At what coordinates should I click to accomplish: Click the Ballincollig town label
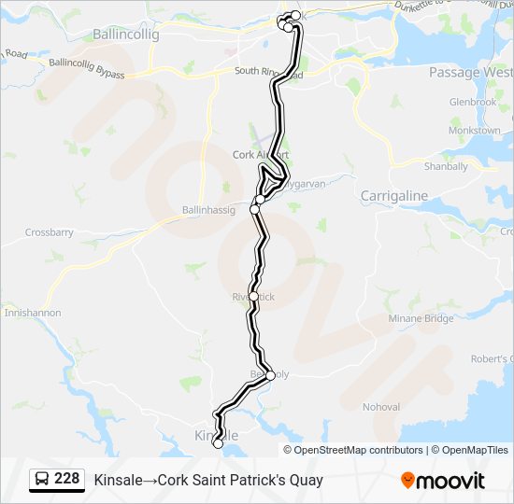[126, 35]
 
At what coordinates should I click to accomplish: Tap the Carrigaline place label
[393, 196]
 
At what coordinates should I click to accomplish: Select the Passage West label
[470, 72]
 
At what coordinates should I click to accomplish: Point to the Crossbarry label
[49, 232]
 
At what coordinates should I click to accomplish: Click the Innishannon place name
[33, 313]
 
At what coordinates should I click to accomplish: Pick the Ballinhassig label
[208, 210]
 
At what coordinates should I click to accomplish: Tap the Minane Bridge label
[421, 318]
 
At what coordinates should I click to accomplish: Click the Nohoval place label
[381, 407]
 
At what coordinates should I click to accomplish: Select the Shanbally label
[446, 167]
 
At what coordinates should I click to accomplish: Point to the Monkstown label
[474, 131]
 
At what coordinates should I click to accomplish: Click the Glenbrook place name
[472, 101]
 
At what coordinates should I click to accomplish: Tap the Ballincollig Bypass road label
[87, 68]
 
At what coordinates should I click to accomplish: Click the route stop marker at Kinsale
[218, 444]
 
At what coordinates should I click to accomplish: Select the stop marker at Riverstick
[253, 296]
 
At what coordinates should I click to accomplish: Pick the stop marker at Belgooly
[271, 375]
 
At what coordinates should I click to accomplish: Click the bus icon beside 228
[43, 480]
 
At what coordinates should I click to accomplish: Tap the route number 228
[66, 479]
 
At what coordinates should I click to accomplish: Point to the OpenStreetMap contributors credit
[359, 450]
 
